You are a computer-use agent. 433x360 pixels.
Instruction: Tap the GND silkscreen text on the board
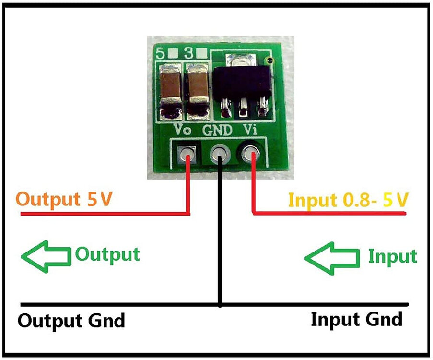[x=218, y=130]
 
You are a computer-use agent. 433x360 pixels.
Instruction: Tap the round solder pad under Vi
[x=251, y=154]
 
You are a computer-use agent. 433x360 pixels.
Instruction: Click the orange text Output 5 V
[x=64, y=199]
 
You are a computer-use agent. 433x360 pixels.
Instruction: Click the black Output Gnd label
[x=71, y=320]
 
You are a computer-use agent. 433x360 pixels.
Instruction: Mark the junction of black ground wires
[x=220, y=304]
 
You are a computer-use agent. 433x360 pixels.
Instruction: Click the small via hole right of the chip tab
[x=271, y=60]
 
